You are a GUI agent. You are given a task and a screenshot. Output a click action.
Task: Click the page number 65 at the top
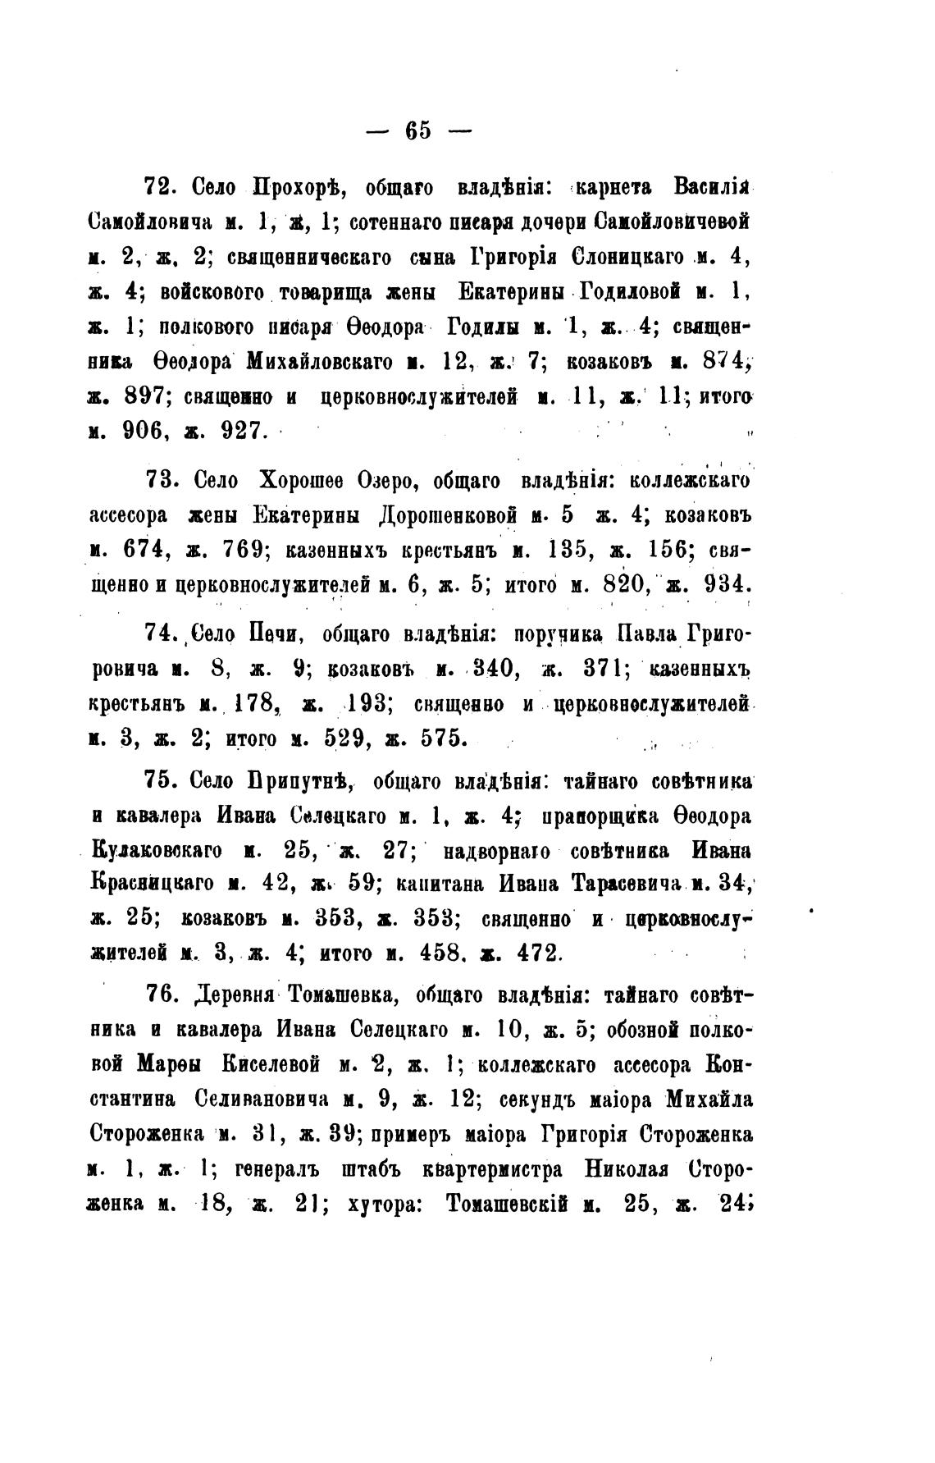tap(417, 130)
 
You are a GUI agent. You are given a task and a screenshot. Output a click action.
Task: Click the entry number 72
tap(161, 187)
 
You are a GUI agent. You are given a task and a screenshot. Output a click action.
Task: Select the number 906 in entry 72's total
tap(146, 429)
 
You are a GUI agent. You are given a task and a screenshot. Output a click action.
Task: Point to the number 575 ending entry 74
tap(443, 738)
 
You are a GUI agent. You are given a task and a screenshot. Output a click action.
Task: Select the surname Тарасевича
tap(626, 884)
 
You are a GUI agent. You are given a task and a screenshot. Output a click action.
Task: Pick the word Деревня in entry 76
tap(237, 996)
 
